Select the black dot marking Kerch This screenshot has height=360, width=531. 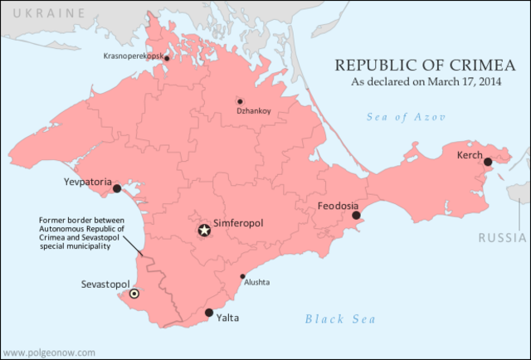pyautogui.click(x=488, y=162)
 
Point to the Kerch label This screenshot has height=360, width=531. pyautogui.click(x=469, y=155)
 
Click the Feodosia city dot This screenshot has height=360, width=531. pyautogui.click(x=355, y=216)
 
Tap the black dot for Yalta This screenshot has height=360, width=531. pyautogui.click(x=208, y=313)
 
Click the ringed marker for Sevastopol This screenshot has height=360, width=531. pyautogui.click(x=134, y=294)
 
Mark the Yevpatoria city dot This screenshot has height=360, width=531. pyautogui.click(x=117, y=188)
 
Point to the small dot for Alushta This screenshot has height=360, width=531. pyautogui.click(x=242, y=276)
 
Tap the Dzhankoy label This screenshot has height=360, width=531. pyautogui.click(x=254, y=109)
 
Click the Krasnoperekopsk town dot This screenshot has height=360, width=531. pyautogui.click(x=167, y=58)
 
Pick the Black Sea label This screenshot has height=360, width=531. pyautogui.click(x=340, y=319)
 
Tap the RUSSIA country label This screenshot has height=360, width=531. pyautogui.click(x=503, y=239)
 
